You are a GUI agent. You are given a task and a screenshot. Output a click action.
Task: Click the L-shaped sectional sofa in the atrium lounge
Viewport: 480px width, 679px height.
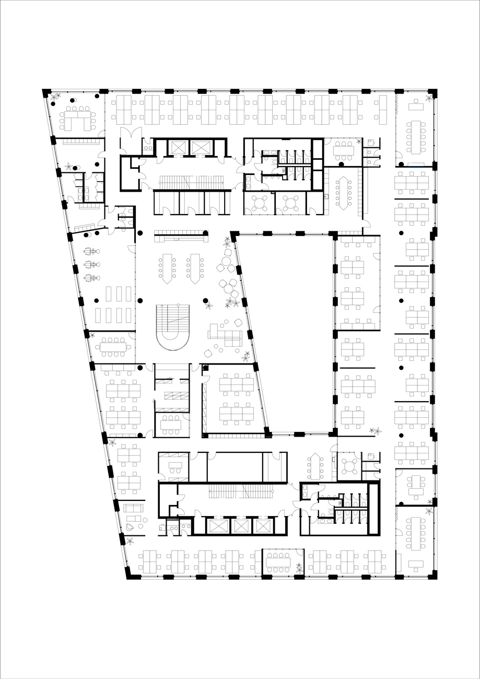(225, 335)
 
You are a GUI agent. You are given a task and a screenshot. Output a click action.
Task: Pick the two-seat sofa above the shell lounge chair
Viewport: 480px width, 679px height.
(133, 508)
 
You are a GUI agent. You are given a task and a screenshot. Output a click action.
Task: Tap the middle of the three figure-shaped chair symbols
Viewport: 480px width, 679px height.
(91, 264)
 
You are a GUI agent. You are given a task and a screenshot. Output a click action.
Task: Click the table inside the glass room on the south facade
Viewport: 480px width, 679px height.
(277, 563)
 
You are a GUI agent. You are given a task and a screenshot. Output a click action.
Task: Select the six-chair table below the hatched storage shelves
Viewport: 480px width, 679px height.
(171, 425)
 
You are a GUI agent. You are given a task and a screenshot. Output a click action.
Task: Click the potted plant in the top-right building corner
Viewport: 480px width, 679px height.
(429, 98)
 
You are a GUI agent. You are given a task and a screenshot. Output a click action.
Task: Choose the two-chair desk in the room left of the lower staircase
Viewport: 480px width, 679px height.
(175, 465)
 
